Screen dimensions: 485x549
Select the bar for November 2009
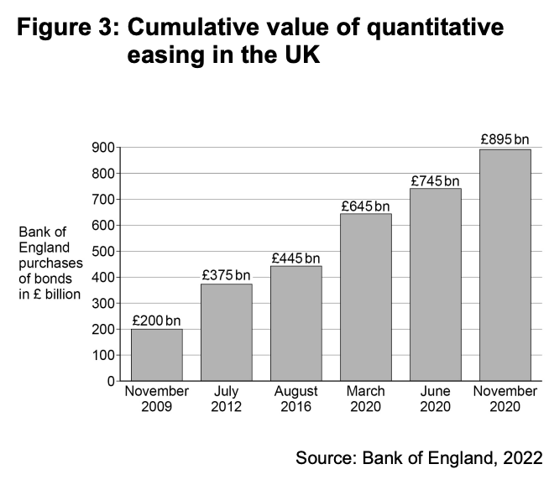(156, 355)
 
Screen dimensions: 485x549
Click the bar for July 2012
(226, 332)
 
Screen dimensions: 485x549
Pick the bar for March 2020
(365, 297)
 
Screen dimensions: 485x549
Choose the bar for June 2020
(435, 284)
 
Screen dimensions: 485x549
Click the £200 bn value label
(156, 321)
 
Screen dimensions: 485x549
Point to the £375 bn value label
(226, 275)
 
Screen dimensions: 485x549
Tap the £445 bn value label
(295, 258)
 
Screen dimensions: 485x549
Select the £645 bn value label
(365, 206)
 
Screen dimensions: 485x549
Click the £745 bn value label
(435, 180)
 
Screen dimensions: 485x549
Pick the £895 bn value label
(505, 139)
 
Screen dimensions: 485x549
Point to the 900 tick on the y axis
(104, 148)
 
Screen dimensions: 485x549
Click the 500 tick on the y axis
(104, 252)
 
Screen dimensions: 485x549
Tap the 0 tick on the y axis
(110, 382)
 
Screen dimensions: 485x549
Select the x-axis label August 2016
(295, 399)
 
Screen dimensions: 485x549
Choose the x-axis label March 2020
(365, 399)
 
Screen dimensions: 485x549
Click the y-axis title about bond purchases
(50, 262)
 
